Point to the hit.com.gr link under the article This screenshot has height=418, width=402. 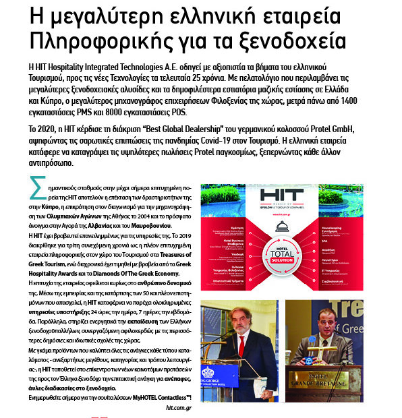point(178,408)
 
